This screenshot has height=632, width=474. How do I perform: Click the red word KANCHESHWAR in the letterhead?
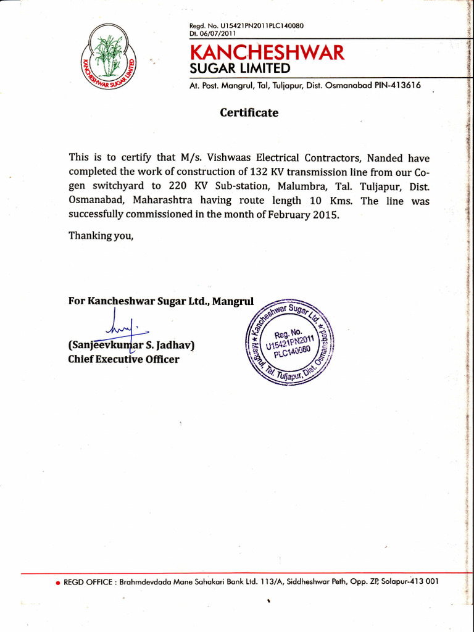[267, 52]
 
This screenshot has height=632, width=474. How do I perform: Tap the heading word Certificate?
[249, 113]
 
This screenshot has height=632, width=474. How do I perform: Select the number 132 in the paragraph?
[260, 172]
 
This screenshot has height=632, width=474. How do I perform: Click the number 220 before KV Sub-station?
[178, 186]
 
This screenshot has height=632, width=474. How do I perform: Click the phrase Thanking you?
[101, 235]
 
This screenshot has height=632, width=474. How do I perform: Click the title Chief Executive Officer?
[123, 359]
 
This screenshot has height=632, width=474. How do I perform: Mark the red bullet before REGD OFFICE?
[58, 582]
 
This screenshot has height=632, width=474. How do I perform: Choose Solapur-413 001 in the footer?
[410, 581]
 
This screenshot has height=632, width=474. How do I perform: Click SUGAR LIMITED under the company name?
[239, 68]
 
